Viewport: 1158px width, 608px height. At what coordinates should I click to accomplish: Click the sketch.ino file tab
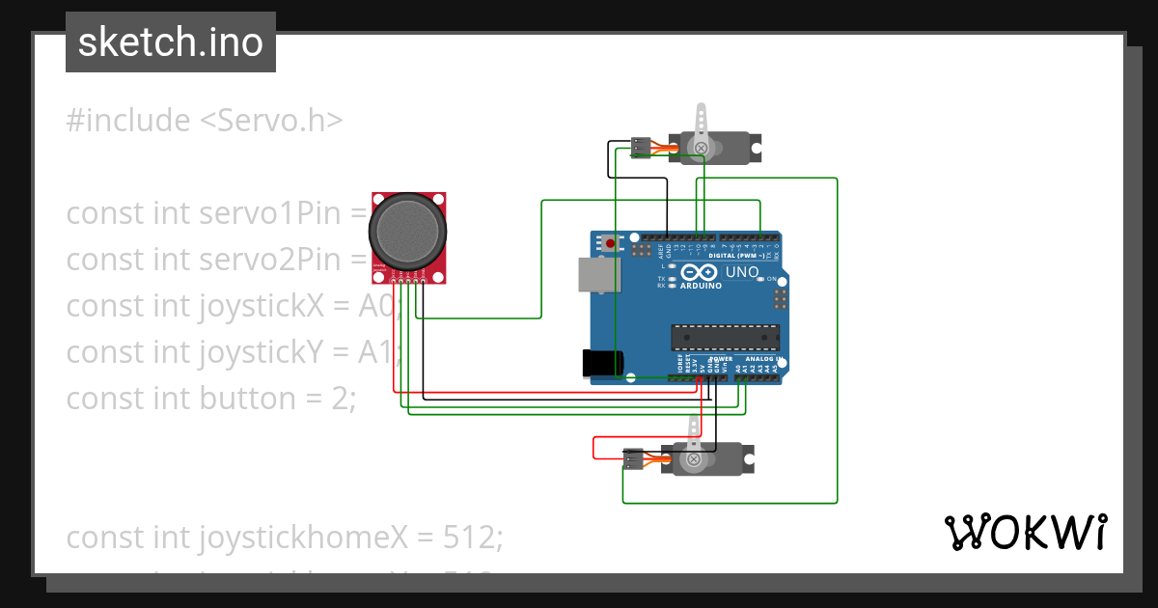[171, 42]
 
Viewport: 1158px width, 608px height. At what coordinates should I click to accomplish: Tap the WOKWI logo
[1025, 533]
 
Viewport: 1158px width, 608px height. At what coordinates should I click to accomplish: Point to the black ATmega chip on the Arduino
[726, 337]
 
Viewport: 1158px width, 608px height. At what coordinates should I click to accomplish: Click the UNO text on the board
[741, 272]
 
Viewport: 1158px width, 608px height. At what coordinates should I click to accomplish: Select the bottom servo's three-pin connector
[633, 459]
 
